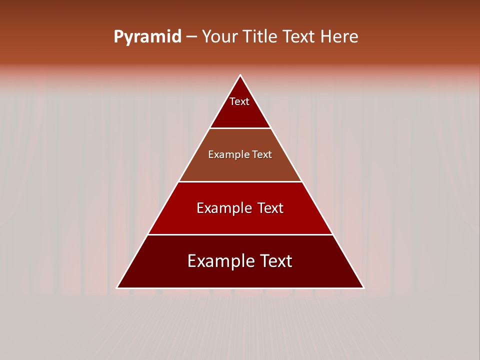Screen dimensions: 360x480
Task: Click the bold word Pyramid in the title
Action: pyautogui.click(x=147, y=37)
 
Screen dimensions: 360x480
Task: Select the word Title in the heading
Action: pyautogui.click(x=261, y=36)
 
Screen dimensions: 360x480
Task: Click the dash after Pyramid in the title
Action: pyautogui.click(x=191, y=37)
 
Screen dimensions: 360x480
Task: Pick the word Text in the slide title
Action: pyautogui.click(x=299, y=36)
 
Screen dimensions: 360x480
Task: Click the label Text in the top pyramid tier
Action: pyautogui.click(x=239, y=101)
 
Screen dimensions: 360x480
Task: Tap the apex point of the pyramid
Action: pyautogui.click(x=240, y=75)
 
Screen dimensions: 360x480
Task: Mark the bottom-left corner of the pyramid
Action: pyautogui.click(x=117, y=287)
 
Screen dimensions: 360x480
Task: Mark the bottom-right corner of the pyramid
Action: pyautogui.click(x=363, y=287)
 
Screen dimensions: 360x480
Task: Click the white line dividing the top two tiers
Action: pyautogui.click(x=240, y=128)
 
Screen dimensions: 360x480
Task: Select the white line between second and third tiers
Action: pyautogui.click(x=240, y=181)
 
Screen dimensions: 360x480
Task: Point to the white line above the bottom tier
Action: pyautogui.click(x=240, y=234)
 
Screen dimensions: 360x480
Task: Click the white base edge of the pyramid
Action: pyautogui.click(x=240, y=288)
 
